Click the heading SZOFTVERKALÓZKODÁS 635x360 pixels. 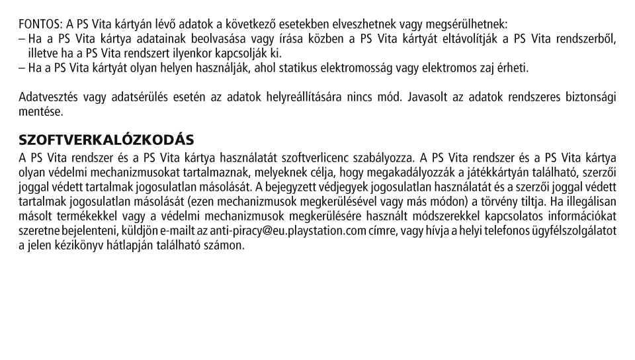pos(106,140)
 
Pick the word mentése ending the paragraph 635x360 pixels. pos(40,112)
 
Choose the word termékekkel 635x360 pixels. pos(88,216)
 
